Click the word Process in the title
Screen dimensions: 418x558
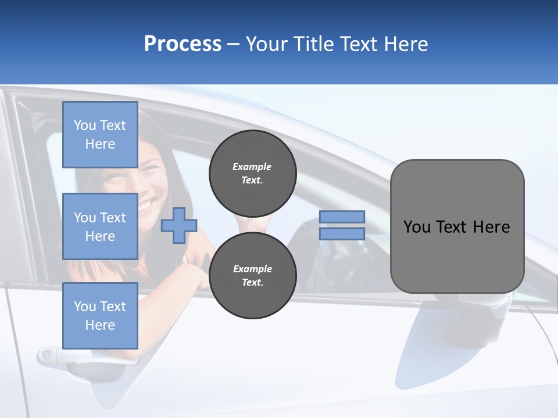point(183,44)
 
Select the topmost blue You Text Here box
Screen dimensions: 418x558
point(100,135)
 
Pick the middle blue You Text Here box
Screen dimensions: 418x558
point(100,226)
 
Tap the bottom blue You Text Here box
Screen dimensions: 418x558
point(100,315)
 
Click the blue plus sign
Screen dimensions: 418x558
point(179,225)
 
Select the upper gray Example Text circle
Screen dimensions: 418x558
point(252,173)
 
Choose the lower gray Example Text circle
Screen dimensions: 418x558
point(252,275)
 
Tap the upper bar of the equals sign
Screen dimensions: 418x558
point(342,217)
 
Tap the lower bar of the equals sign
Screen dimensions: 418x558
point(342,233)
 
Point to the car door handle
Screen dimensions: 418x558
point(58,355)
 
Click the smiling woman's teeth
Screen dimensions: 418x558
point(146,204)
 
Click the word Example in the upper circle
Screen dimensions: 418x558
point(252,167)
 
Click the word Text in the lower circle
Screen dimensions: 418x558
point(252,283)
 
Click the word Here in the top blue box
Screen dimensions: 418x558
point(100,144)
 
